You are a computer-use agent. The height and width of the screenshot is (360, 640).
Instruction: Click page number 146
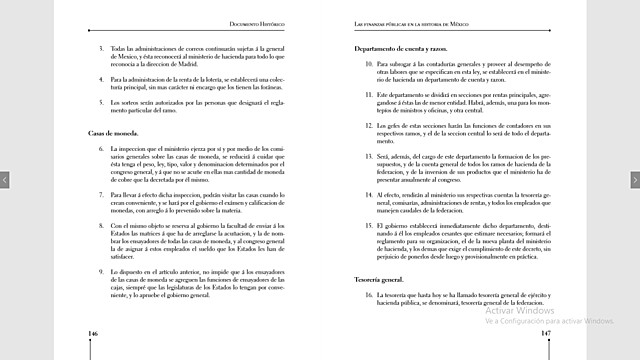92,333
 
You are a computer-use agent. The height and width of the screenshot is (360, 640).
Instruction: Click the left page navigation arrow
5,180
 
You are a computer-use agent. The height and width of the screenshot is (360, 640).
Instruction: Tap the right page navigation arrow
634,180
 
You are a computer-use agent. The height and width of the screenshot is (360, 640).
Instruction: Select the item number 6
100,148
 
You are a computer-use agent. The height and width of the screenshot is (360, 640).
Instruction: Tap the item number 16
367,297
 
